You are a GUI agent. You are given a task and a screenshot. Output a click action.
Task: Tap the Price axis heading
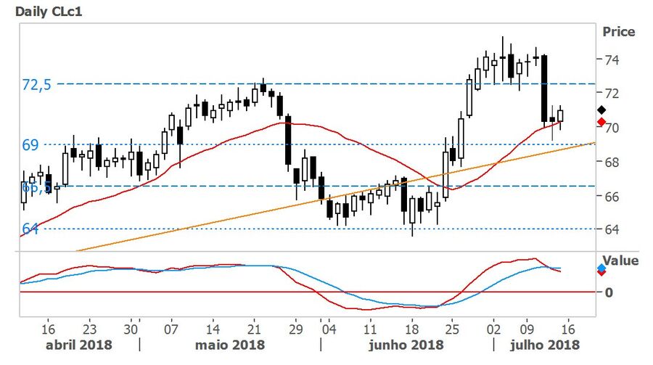[618, 32]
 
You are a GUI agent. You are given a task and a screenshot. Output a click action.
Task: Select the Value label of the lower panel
[621, 261]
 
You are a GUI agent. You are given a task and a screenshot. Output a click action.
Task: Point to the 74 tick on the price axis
[611, 60]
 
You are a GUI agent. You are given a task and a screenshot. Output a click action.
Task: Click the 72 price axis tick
[611, 93]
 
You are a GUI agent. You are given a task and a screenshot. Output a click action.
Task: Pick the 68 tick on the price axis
[611, 161]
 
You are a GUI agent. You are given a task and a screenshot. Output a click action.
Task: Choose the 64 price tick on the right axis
[611, 229]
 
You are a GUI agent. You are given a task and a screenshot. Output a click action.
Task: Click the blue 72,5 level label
[37, 84]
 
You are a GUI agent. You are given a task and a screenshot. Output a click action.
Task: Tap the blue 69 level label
[30, 144]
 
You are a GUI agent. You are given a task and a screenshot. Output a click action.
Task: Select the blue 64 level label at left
[30, 229]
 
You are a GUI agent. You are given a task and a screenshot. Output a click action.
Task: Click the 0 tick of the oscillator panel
[608, 292]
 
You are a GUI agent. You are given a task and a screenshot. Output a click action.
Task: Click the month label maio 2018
[229, 343]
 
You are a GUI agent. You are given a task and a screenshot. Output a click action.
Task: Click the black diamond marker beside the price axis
[601, 109]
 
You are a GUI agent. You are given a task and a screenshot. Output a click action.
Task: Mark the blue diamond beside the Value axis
[601, 268]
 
